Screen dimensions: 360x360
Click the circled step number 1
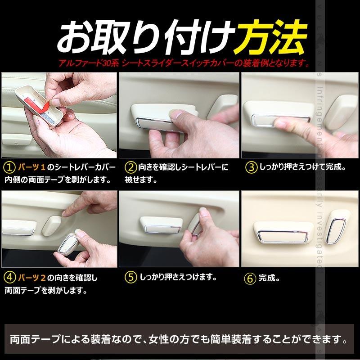click(9, 167)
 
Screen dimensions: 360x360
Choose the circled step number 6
click(251, 278)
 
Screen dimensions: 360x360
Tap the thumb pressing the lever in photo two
click(180, 118)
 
